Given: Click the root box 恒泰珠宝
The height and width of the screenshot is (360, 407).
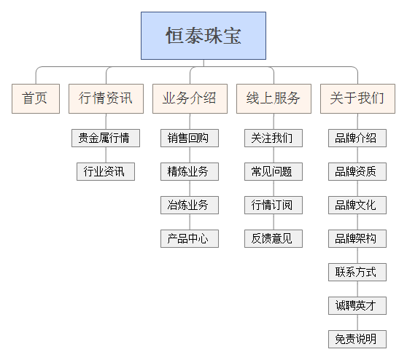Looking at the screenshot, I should (203, 35).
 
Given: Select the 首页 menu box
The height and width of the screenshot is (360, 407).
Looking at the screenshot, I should (35, 98).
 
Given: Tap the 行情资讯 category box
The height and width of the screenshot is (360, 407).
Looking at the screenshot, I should (106, 98).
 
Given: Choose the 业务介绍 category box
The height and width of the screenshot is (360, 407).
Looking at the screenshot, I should (189, 98).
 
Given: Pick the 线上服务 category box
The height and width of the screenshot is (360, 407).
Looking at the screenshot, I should (274, 98).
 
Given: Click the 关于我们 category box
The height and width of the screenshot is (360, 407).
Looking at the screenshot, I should (357, 98).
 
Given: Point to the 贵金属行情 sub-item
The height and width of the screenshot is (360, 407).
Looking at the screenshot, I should (105, 138).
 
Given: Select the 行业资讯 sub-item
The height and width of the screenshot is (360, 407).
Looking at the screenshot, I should (105, 172).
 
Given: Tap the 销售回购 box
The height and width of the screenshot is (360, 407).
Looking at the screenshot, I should (189, 138).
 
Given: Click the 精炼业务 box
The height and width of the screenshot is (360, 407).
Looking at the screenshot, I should (189, 172).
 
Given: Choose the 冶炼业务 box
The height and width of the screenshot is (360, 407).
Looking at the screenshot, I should (189, 206).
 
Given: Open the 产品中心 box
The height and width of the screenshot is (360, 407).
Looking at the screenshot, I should (189, 238).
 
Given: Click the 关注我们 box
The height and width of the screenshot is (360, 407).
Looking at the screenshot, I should (273, 138).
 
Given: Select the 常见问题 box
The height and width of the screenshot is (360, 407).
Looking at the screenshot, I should (273, 172).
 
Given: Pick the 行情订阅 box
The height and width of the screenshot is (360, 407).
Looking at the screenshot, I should (273, 206).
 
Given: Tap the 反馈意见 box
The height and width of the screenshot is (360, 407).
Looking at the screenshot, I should (273, 238).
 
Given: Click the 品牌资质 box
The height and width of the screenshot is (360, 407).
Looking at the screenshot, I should (357, 172).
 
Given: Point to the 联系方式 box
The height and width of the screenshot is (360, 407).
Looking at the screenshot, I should (357, 273).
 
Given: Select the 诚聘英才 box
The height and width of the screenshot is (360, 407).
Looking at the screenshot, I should (357, 305).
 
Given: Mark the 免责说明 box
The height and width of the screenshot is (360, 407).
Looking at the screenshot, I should (357, 339).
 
